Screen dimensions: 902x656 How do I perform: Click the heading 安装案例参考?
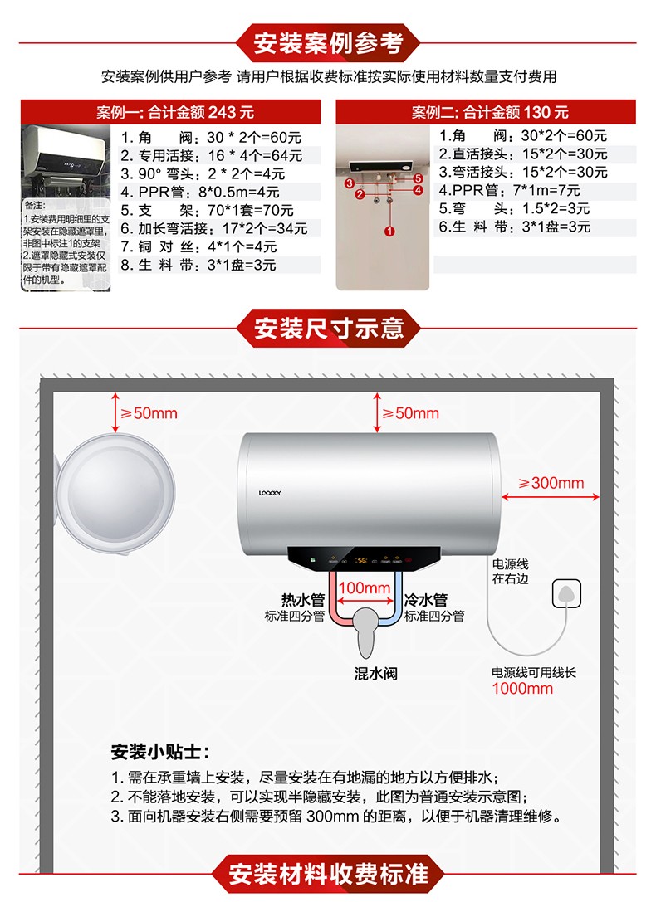point(328,42)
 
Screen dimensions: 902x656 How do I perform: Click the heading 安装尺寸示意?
point(328,328)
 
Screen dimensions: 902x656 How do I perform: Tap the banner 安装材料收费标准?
point(328,874)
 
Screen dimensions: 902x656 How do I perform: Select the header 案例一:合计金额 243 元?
point(170,112)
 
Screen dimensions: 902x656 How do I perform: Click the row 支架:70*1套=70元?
point(207,210)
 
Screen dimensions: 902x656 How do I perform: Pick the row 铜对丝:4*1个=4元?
point(198,246)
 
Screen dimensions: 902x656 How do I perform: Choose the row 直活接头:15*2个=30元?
point(523,154)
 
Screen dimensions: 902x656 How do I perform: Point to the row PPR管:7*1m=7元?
point(510,190)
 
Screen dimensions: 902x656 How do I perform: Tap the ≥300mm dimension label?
point(551,483)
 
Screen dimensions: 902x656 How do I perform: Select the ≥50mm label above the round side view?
point(149,413)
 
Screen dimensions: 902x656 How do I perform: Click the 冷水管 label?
point(426,600)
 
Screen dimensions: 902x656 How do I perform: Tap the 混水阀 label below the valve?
point(375,673)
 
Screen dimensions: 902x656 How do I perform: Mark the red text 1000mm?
point(522,688)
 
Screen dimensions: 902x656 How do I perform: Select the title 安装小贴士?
point(160,752)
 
